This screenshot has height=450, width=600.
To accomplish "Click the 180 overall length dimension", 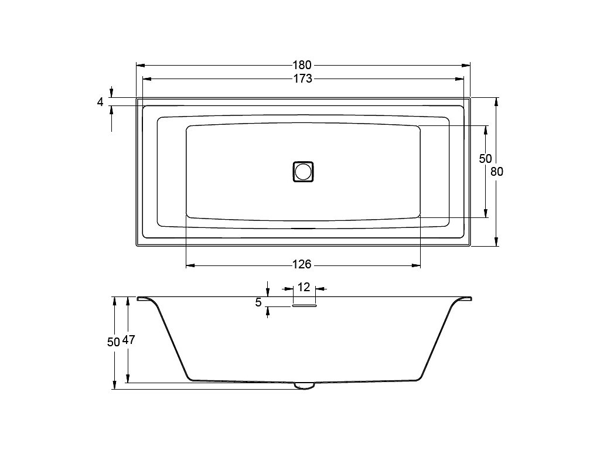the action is tap(302, 64).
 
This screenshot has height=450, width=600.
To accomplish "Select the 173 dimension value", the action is tap(303, 79).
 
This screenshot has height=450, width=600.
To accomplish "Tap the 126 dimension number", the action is tap(302, 264).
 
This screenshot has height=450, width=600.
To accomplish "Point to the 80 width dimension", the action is tap(497, 172).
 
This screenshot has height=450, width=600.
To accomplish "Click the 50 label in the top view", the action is tap(485, 158).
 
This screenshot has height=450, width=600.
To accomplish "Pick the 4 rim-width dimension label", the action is tap(100, 102).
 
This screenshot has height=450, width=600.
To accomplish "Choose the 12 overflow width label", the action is tap(304, 287).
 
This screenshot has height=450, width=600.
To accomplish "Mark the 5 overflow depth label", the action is tap(258, 302).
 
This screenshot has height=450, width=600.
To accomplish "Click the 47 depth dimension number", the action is tap(128, 340).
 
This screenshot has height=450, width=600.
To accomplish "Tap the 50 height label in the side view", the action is tap(114, 342).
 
